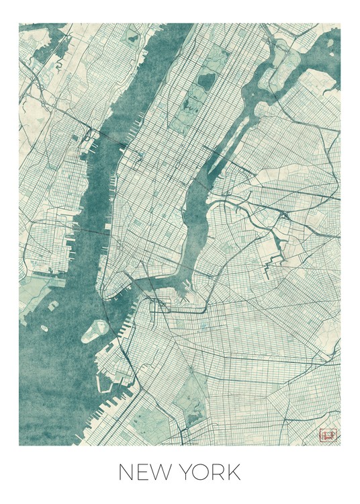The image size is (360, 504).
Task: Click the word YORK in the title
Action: (208, 472)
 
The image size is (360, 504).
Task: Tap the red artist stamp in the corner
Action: (328, 435)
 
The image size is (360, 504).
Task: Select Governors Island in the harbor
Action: (95, 330)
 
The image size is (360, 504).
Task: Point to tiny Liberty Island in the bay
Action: (44, 329)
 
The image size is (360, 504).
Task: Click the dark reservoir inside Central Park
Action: (206, 82)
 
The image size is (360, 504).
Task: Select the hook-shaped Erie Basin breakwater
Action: (106, 386)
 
